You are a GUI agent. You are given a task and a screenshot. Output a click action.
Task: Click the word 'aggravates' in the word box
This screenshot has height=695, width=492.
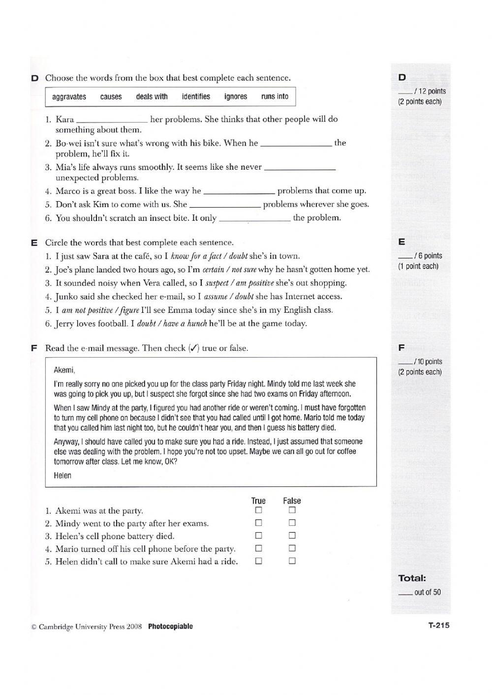[69, 97]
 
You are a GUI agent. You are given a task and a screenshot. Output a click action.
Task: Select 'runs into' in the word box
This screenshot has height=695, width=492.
[275, 96]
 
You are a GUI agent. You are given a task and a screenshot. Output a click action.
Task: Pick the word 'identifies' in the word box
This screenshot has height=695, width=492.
[196, 96]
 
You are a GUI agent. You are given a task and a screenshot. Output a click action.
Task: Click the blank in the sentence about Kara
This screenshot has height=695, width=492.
[112, 120]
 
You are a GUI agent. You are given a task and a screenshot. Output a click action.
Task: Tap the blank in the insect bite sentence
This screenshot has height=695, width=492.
[254, 218]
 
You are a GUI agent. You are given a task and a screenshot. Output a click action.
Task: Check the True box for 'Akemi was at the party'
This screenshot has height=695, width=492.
[258, 511]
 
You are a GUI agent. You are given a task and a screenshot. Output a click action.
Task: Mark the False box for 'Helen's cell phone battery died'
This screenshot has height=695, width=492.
[292, 536]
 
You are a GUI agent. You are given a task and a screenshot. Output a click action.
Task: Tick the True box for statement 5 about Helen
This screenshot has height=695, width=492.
[258, 561]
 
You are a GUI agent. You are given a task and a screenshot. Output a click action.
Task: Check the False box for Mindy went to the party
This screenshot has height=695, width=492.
[292, 523]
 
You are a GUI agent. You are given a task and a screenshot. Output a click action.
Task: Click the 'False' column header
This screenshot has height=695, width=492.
[292, 501]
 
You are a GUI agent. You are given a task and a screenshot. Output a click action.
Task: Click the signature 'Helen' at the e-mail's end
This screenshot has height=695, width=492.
[62, 476]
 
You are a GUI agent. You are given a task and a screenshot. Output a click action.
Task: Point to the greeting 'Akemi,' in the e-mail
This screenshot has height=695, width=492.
[64, 370]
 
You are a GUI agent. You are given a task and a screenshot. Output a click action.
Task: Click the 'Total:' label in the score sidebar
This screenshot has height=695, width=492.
[412, 578]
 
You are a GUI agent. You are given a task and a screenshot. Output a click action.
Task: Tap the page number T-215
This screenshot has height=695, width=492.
[439, 626]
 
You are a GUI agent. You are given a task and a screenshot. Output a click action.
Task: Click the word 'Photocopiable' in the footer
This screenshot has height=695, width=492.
[170, 627]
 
